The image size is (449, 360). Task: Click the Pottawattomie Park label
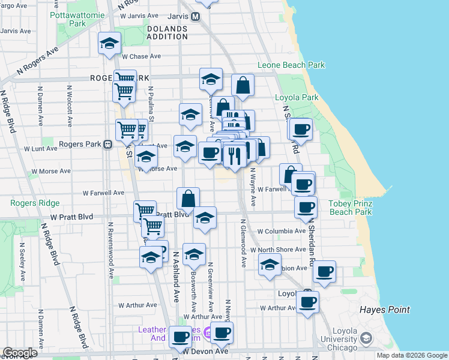77,19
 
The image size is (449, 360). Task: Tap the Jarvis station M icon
195,17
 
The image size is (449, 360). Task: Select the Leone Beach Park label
291,65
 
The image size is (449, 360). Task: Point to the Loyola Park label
296,97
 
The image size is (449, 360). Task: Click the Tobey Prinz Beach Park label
351,208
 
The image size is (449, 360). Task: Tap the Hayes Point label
385,310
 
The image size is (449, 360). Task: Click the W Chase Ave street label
141,56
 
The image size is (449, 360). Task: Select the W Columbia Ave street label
282,231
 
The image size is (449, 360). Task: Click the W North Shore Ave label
279,250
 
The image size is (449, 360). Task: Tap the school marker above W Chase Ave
110,43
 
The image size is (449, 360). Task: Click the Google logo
20,353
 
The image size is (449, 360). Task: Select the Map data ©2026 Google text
411,355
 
